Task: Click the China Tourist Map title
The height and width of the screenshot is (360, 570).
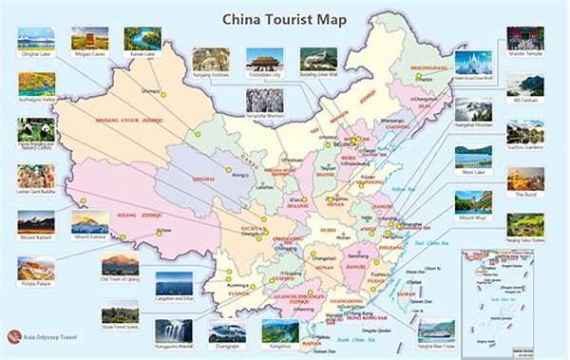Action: [x=284, y=17]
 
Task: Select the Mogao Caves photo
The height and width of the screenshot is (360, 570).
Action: [x=88, y=39]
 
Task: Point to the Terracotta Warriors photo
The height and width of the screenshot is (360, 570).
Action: [x=264, y=100]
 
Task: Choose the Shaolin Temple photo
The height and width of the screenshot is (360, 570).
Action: [x=524, y=39]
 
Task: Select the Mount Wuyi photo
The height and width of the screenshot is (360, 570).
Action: [x=472, y=202]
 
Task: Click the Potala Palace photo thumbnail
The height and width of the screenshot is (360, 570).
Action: [x=36, y=269]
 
